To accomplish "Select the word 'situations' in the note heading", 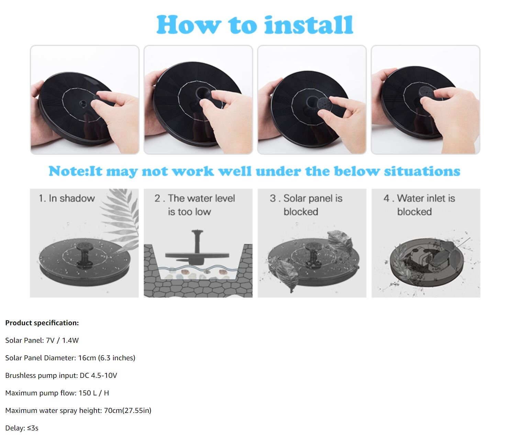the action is point(422,171).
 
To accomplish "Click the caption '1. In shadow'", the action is point(67,198).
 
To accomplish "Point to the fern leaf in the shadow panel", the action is point(120,218).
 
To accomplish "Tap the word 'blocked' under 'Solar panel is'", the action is point(301,212).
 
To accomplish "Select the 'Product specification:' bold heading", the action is point(42,323).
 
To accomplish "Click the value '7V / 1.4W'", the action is point(63,340).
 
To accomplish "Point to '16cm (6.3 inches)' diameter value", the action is point(107,358).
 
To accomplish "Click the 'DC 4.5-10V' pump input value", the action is point(98,375).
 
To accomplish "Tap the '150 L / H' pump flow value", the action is point(94,393).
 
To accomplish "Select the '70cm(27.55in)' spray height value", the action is point(127,411).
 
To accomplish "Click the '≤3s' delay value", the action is point(33,428).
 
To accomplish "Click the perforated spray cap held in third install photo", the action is point(325,104).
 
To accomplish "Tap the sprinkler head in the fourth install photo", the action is point(426,92).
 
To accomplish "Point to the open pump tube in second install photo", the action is point(203,94).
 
